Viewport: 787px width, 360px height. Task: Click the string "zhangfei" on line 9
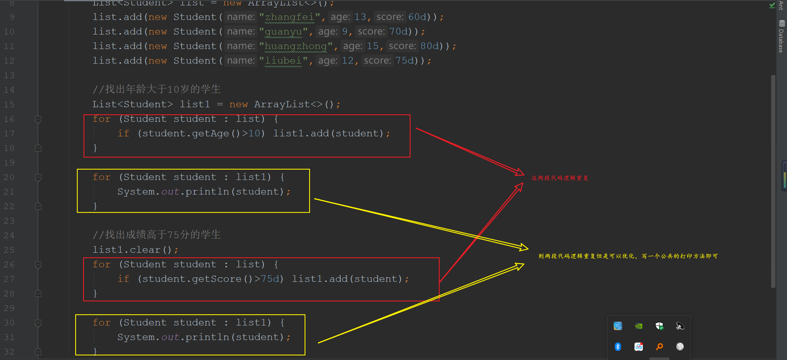coord(290,17)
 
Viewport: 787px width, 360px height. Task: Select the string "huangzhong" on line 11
coord(295,46)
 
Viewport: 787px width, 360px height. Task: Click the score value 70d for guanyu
coord(398,32)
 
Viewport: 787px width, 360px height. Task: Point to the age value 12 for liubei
coord(347,61)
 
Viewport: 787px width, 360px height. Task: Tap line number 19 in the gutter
coord(9,163)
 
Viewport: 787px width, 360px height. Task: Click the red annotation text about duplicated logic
coord(560,178)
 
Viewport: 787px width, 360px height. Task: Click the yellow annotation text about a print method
coord(628,256)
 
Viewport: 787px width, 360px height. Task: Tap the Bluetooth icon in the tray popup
coord(618,346)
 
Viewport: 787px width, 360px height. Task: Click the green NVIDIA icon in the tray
coord(639,326)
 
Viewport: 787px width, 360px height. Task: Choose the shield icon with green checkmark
coord(659,326)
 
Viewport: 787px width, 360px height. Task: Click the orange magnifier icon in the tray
coord(659,346)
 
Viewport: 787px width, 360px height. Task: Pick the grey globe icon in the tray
coord(680,346)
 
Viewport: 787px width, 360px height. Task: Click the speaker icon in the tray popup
coord(680,326)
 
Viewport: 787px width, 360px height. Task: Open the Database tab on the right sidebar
coord(782,37)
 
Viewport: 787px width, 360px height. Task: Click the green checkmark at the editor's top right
coord(772,6)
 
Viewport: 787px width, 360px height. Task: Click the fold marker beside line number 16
coord(38,119)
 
